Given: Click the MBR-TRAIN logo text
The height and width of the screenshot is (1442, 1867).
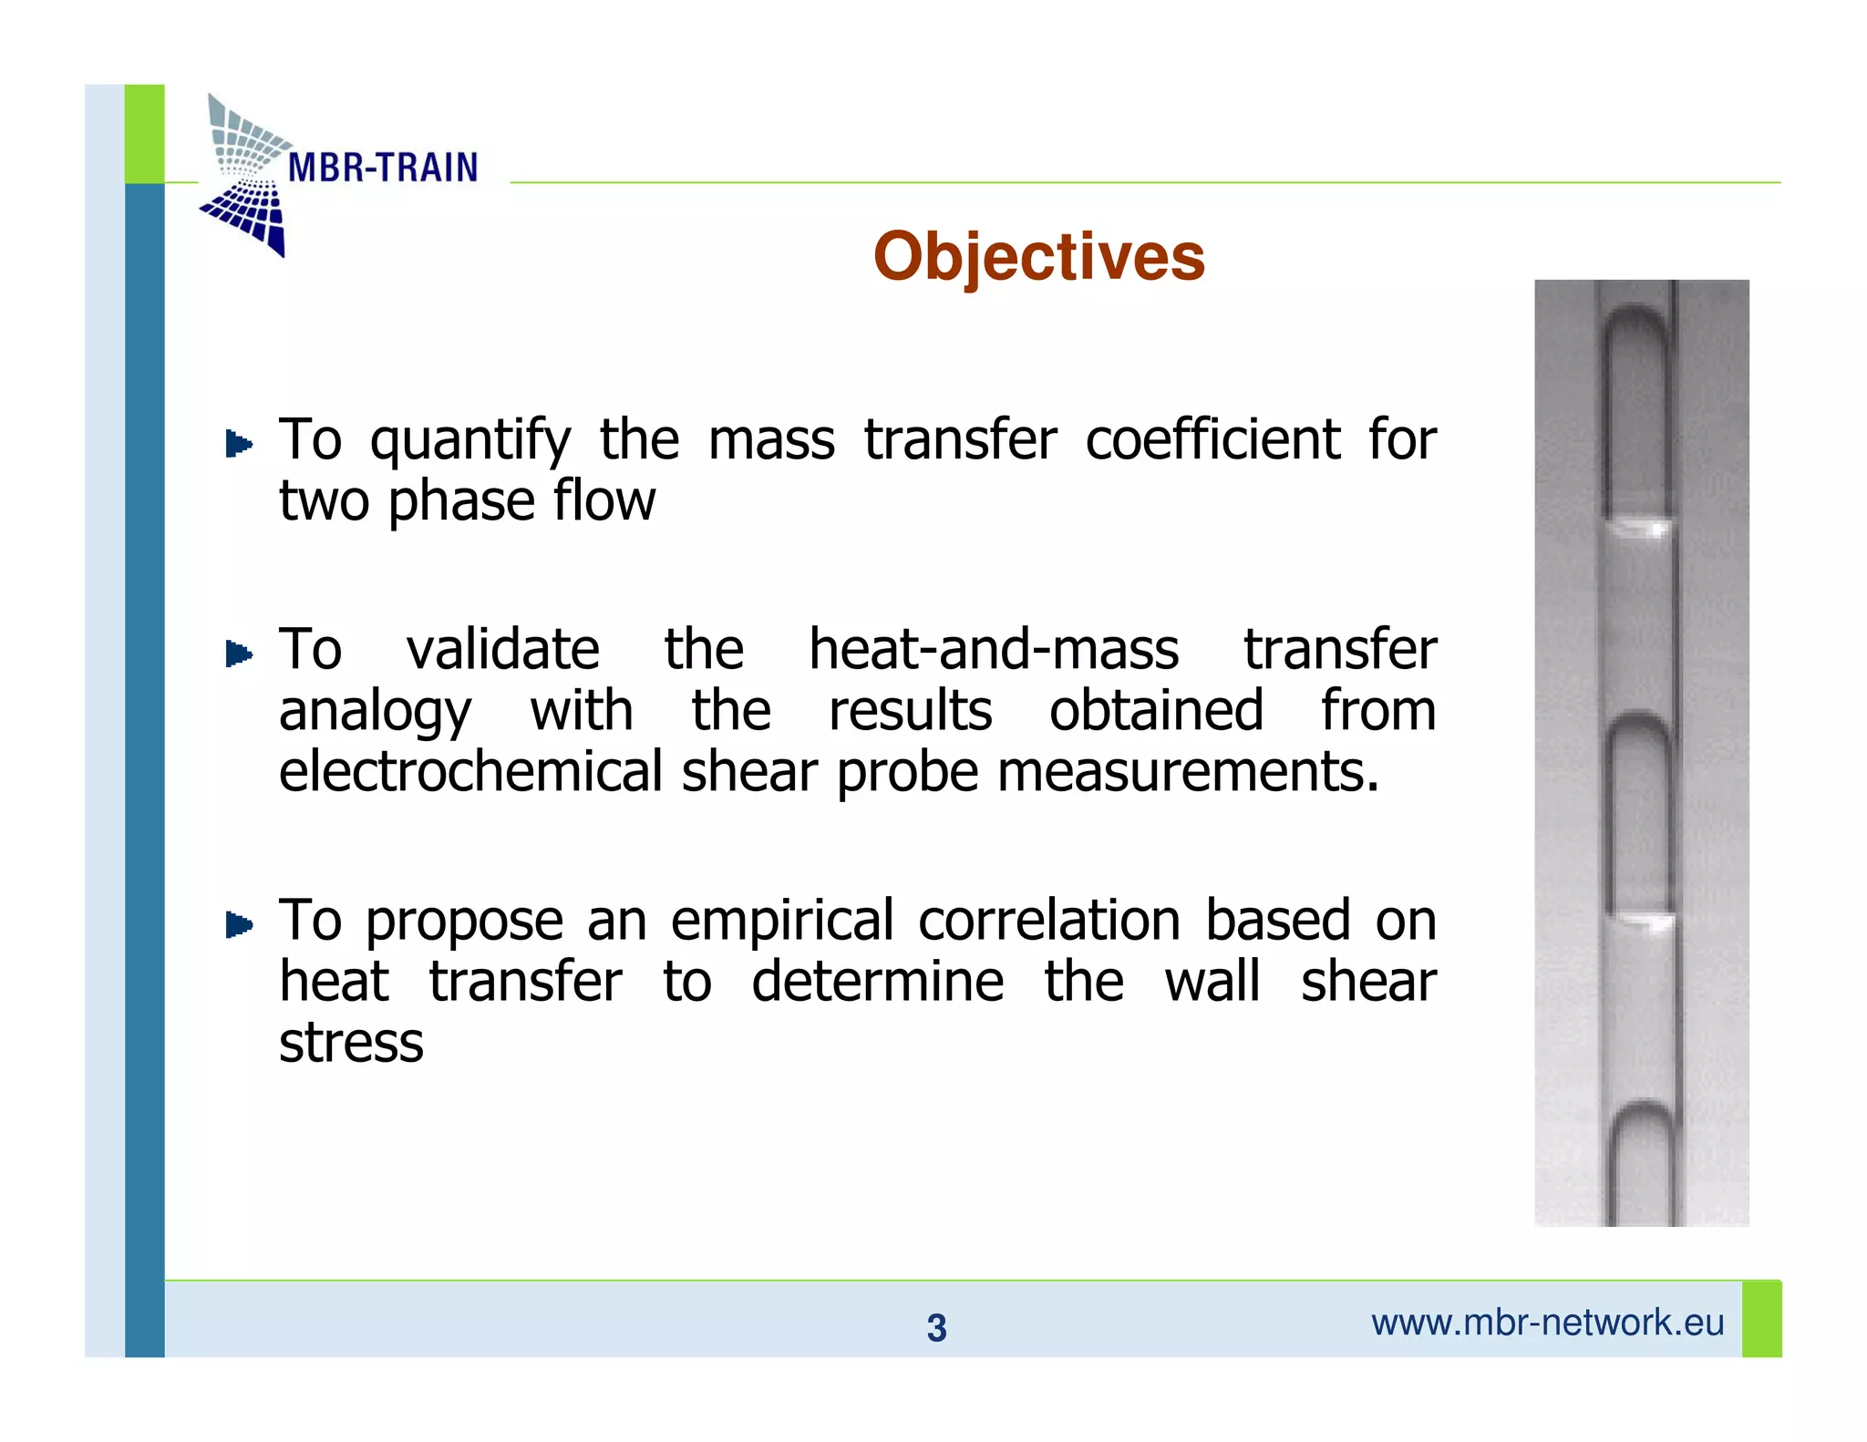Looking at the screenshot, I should pyautogui.click(x=382, y=168).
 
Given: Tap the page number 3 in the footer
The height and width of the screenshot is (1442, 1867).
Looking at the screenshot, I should pyautogui.click(x=936, y=1328).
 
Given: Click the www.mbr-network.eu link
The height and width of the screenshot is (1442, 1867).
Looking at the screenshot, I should pyautogui.click(x=1547, y=1323).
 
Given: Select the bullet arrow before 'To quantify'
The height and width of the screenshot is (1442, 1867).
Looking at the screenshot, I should pyautogui.click(x=239, y=444).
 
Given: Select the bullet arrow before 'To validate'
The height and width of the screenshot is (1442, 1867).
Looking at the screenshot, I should pyautogui.click(x=239, y=654).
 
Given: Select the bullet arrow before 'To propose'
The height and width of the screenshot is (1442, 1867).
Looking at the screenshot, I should pyautogui.click(x=239, y=925).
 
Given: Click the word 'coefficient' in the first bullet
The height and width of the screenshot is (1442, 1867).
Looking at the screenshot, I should pyautogui.click(x=1212, y=440).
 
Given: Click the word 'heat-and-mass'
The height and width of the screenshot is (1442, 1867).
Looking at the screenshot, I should pyautogui.click(x=994, y=650).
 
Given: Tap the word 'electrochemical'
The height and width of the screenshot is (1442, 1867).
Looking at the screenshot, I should pyautogui.click(x=470, y=772).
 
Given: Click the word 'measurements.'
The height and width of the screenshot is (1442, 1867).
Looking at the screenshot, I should pyautogui.click(x=1188, y=772).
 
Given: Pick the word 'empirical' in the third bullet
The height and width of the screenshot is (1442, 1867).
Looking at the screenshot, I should pyautogui.click(x=782, y=922).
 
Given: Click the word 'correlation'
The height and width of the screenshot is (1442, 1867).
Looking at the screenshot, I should pyautogui.click(x=1049, y=921).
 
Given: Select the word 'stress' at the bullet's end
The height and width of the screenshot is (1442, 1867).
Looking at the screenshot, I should pyautogui.click(x=351, y=1043).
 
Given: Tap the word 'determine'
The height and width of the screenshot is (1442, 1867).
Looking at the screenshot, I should pyautogui.click(x=877, y=982).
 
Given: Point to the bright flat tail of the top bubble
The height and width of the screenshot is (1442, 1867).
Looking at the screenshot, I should pyautogui.click(x=1638, y=527).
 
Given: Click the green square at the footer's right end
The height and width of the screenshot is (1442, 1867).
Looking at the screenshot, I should pyautogui.click(x=1761, y=1319).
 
